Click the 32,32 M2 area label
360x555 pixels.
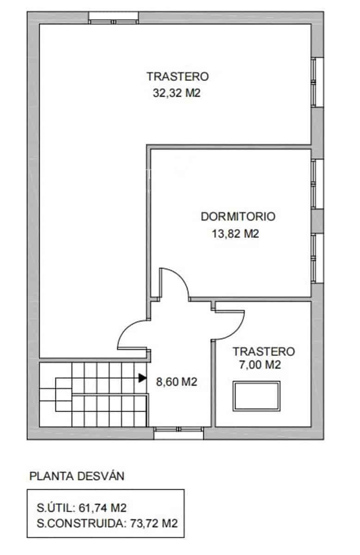click(x=178, y=93)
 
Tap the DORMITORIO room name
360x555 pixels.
click(x=238, y=216)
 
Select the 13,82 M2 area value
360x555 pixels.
click(x=235, y=234)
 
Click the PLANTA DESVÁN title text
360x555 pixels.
click(x=77, y=476)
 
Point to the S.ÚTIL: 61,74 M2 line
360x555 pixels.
click(x=81, y=508)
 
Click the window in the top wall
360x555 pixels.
click(x=114, y=18)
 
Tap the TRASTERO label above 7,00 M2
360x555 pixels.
click(x=263, y=351)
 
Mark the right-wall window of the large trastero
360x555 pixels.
click(x=317, y=82)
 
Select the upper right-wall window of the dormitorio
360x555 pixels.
click(x=317, y=183)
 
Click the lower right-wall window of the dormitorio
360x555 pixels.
click(x=317, y=258)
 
